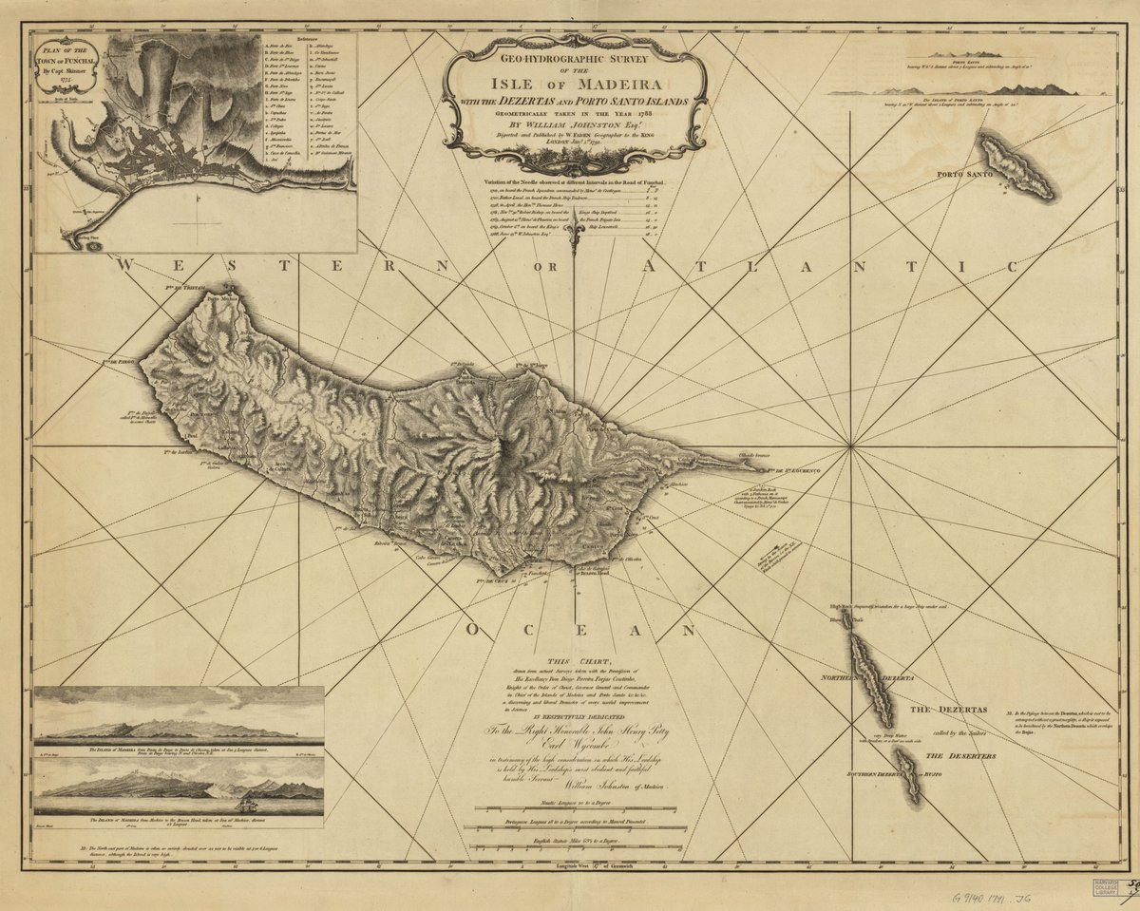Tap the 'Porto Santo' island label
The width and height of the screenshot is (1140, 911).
point(964,176)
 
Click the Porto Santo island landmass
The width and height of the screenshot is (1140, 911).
point(1016,167)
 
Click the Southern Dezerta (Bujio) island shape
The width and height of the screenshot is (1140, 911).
point(909,774)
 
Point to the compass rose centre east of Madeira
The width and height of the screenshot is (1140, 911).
point(848,445)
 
